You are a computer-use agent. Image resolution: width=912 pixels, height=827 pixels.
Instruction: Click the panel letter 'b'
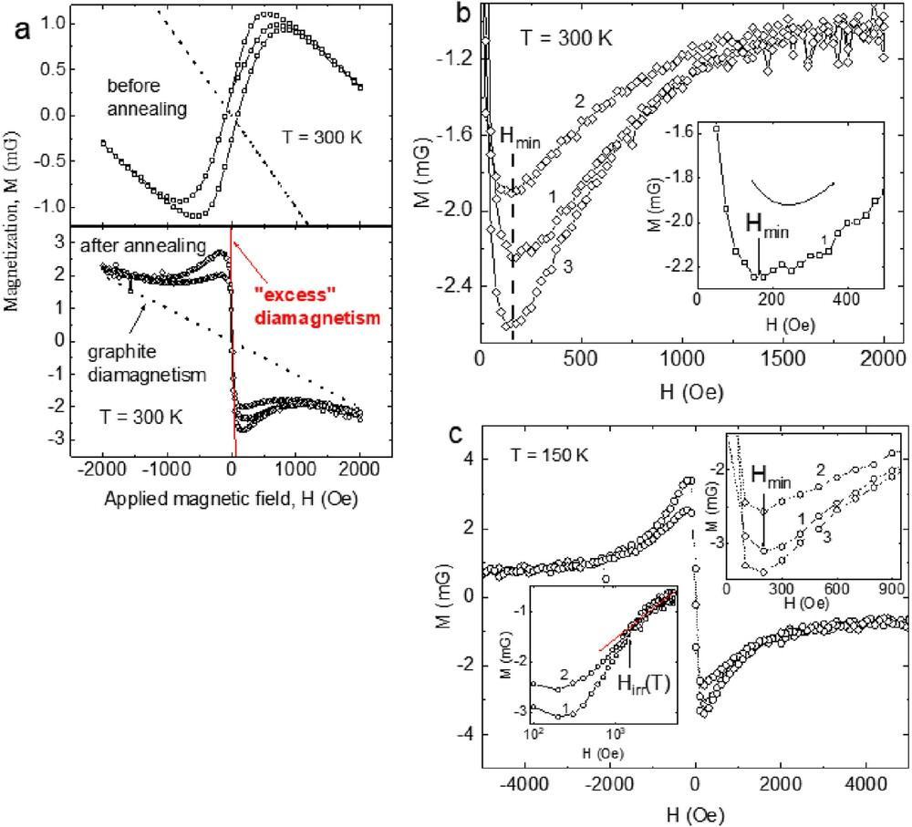463,14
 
